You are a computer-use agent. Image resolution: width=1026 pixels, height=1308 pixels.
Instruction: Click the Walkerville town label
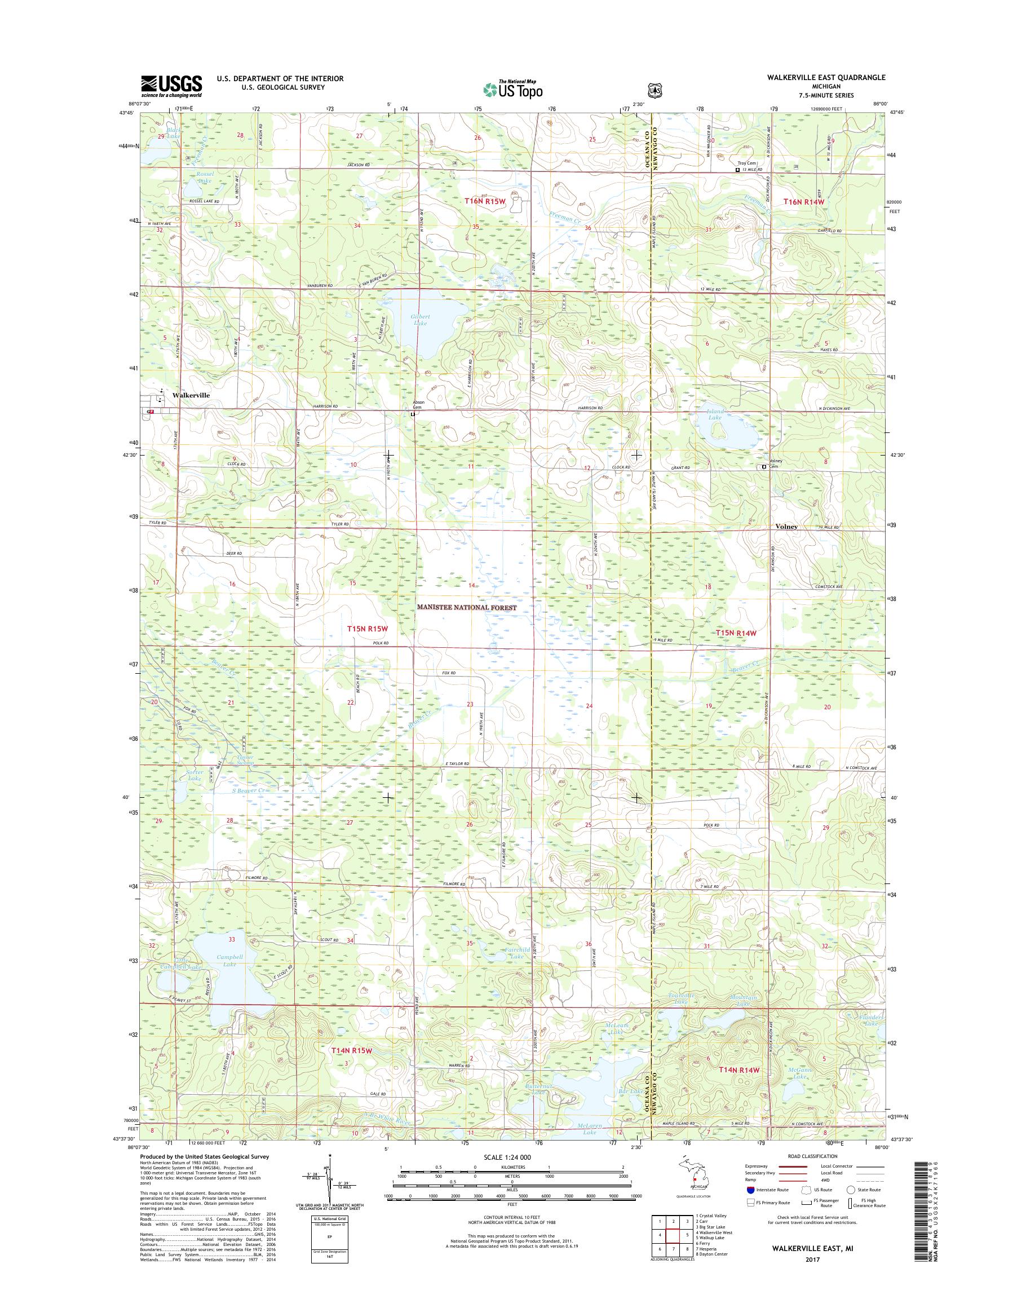tap(191, 395)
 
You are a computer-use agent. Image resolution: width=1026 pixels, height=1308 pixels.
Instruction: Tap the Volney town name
tap(786, 527)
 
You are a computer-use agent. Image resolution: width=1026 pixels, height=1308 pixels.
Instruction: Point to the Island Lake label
tap(715, 414)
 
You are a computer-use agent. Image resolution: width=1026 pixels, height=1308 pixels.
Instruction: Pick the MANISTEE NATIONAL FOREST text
tap(467, 608)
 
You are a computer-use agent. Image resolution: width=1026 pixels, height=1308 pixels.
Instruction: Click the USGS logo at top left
tap(171, 86)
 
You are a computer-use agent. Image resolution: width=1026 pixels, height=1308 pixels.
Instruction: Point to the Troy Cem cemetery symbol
tap(738, 170)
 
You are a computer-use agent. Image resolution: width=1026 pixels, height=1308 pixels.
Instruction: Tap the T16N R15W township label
tap(485, 202)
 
